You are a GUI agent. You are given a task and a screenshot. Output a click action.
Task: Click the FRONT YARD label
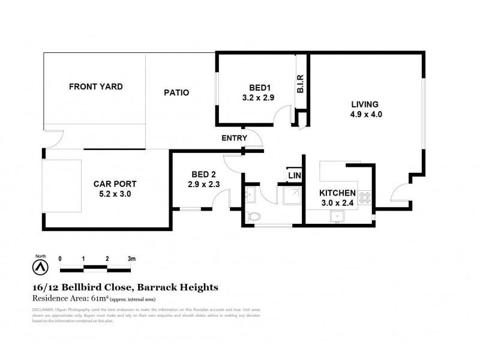95,87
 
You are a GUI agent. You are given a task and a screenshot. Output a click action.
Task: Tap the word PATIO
176,93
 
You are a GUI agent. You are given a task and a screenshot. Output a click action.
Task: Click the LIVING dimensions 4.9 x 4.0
365,114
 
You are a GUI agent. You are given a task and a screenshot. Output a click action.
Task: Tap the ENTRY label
234,138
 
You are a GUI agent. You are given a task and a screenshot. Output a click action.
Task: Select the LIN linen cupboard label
294,175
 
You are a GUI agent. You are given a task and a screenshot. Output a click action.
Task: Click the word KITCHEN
338,193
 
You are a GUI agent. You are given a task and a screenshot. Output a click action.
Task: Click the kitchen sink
337,217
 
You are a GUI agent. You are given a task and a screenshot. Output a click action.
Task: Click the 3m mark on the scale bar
131,259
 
